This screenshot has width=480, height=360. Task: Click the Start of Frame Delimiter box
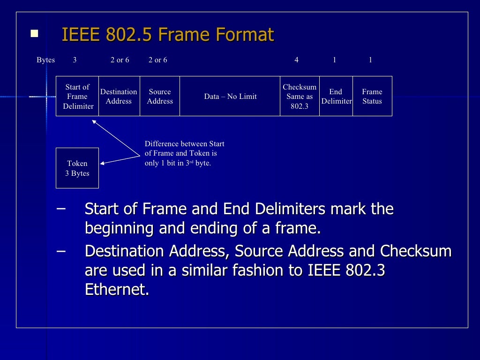point(77,96)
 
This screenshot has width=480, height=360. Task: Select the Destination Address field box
point(119,96)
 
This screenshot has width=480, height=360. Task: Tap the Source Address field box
point(160,96)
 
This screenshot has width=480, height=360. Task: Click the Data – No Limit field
point(230,96)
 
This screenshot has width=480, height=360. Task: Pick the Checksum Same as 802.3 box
point(300,96)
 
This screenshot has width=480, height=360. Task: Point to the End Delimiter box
point(336,96)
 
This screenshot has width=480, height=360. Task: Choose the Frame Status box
point(372,96)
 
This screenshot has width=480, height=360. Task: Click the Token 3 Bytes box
point(77,168)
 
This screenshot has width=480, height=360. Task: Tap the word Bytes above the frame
point(45,60)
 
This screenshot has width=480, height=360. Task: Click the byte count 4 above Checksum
point(296,60)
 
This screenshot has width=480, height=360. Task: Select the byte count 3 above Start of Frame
point(75,60)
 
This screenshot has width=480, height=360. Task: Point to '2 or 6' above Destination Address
point(120,60)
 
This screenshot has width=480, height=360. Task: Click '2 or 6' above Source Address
point(158,60)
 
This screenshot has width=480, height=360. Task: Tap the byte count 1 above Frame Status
point(370,60)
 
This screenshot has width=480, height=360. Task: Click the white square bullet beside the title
point(34,33)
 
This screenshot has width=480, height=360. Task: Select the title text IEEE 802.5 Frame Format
point(168,35)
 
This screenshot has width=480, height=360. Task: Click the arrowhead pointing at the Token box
point(103,163)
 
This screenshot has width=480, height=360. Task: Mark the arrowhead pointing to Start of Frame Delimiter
point(94,121)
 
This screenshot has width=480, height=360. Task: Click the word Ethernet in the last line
point(117,289)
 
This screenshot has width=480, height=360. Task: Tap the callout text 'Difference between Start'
point(184,144)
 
